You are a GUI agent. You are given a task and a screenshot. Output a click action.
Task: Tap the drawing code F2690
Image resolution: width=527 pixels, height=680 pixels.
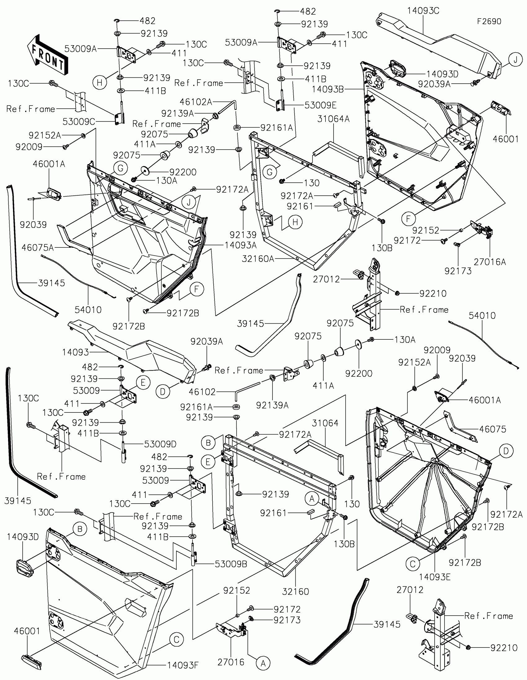[x=489, y=21]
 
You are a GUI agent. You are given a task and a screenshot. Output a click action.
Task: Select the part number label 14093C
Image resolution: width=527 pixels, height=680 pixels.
[x=423, y=11]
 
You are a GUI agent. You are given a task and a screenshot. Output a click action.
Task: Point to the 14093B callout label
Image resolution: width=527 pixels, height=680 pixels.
[x=328, y=89]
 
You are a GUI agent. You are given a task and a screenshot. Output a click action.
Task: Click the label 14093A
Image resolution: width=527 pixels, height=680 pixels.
[x=241, y=245]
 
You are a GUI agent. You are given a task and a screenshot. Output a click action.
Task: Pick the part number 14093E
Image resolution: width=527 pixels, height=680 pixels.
[x=434, y=577]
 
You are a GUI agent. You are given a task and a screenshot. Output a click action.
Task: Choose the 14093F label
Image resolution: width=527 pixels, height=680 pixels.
[x=183, y=665]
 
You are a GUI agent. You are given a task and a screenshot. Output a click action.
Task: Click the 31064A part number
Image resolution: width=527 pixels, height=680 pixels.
[x=333, y=119]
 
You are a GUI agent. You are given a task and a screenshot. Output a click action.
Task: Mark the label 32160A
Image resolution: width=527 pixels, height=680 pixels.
[x=258, y=259]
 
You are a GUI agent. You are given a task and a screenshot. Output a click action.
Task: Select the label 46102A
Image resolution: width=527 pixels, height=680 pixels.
[x=196, y=102]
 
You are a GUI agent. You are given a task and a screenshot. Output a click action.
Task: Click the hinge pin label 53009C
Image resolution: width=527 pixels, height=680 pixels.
[x=79, y=122]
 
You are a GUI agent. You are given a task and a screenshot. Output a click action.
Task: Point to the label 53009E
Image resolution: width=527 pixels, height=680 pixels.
[x=320, y=105]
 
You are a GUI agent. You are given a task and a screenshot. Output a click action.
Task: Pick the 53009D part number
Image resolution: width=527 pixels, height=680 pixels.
[x=160, y=444]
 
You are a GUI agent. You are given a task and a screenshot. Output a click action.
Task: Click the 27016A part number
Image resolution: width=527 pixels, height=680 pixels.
[x=489, y=262]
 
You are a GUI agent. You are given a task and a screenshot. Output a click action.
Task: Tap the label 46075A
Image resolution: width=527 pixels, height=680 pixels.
[x=38, y=248]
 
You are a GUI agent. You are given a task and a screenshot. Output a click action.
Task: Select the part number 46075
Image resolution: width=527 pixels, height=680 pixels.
[x=492, y=429]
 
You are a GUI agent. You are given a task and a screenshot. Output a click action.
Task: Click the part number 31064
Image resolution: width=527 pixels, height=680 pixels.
[x=325, y=423]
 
